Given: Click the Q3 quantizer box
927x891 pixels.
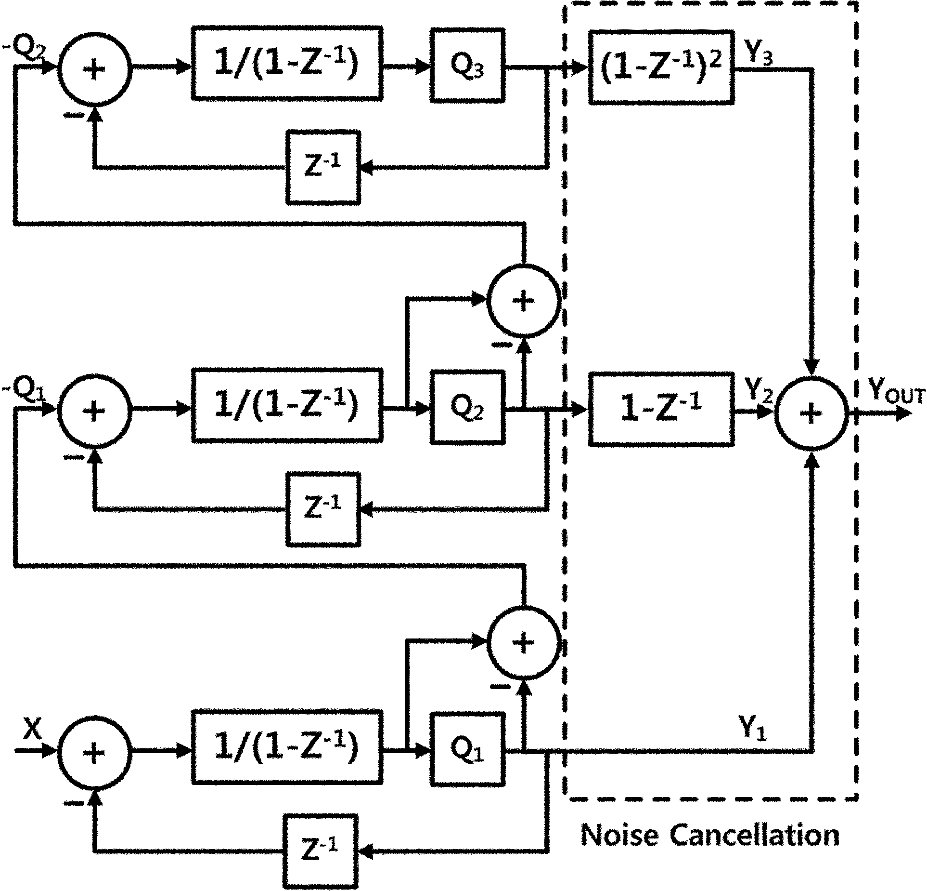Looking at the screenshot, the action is (467, 66).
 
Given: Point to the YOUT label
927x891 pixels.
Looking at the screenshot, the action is (896, 391).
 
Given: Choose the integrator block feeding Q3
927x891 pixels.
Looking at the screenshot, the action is (287, 63).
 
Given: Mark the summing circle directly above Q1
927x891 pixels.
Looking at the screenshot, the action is (524, 643).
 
